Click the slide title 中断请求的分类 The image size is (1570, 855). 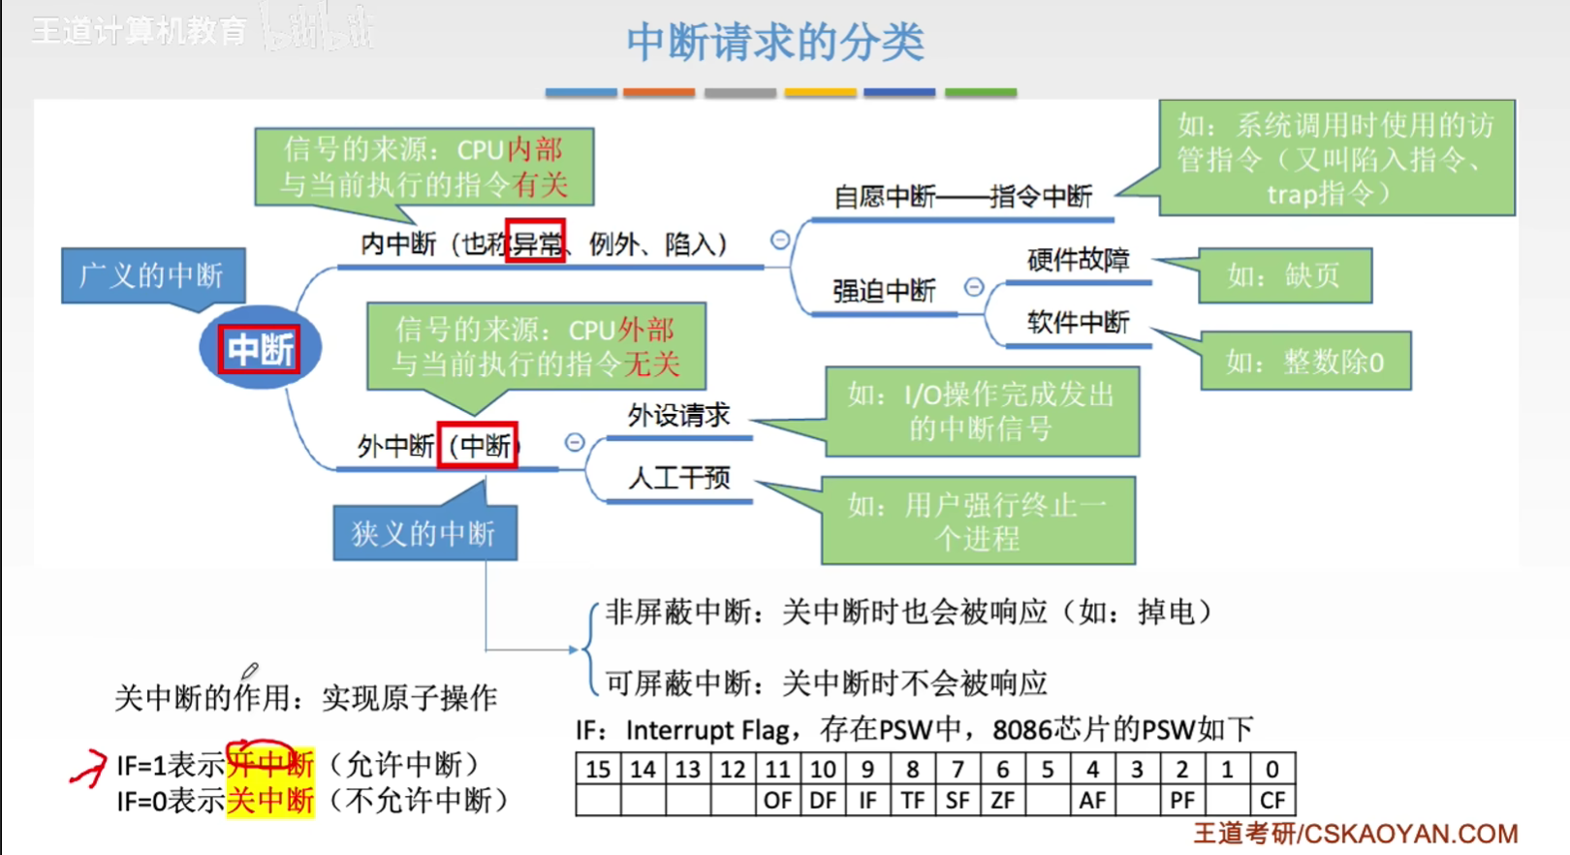click(775, 43)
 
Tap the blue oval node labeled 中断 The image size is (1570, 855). click(260, 348)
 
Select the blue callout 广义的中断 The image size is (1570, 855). click(152, 275)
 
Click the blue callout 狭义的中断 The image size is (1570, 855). click(424, 533)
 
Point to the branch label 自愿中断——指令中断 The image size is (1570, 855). click(962, 197)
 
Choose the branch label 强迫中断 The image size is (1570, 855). click(884, 291)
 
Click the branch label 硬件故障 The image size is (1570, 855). click(1078, 260)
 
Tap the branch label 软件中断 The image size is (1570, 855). click(1078, 322)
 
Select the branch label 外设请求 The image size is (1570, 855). click(678, 415)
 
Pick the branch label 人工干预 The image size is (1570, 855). click(678, 477)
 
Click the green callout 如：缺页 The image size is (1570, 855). click(1284, 275)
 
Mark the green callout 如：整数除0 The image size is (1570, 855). click(1304, 362)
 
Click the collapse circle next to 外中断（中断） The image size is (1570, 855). click(575, 443)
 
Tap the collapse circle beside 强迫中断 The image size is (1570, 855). click(974, 287)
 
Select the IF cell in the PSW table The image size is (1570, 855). click(867, 801)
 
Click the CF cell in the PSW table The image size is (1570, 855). click(1272, 801)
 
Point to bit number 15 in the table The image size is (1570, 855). click(598, 770)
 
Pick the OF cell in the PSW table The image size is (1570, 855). click(777, 801)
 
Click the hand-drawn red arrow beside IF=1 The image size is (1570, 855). click(88, 768)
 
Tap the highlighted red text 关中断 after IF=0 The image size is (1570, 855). click(270, 801)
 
